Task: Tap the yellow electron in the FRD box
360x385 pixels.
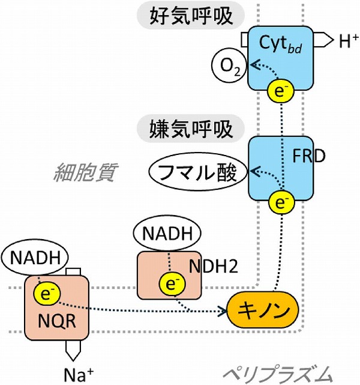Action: tap(280, 203)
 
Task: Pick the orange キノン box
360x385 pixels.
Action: tap(263, 311)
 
